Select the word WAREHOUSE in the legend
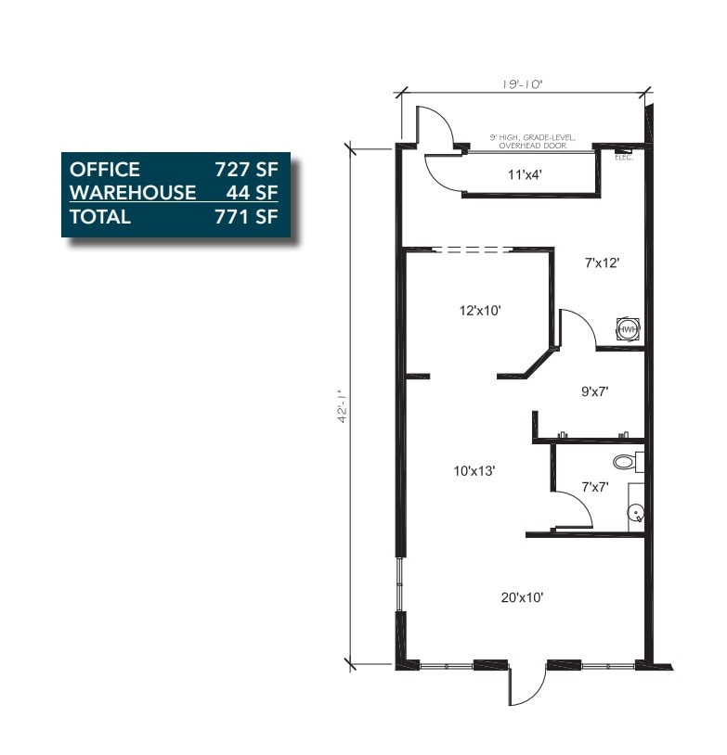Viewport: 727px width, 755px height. [133, 192]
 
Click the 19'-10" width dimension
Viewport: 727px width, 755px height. [523, 83]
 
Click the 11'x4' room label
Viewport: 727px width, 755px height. [525, 173]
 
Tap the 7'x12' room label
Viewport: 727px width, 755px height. [603, 262]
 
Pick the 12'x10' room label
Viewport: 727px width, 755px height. [480, 311]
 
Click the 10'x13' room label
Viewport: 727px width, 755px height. [474, 471]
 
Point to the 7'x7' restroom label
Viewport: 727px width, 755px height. [594, 485]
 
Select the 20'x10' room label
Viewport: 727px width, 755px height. [522, 597]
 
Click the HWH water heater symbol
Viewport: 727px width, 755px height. [629, 329]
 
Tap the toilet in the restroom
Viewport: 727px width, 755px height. [625, 461]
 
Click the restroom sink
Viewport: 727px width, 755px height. [635, 511]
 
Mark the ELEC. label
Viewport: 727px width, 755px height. [623, 157]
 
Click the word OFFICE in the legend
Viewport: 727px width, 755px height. [105, 169]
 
